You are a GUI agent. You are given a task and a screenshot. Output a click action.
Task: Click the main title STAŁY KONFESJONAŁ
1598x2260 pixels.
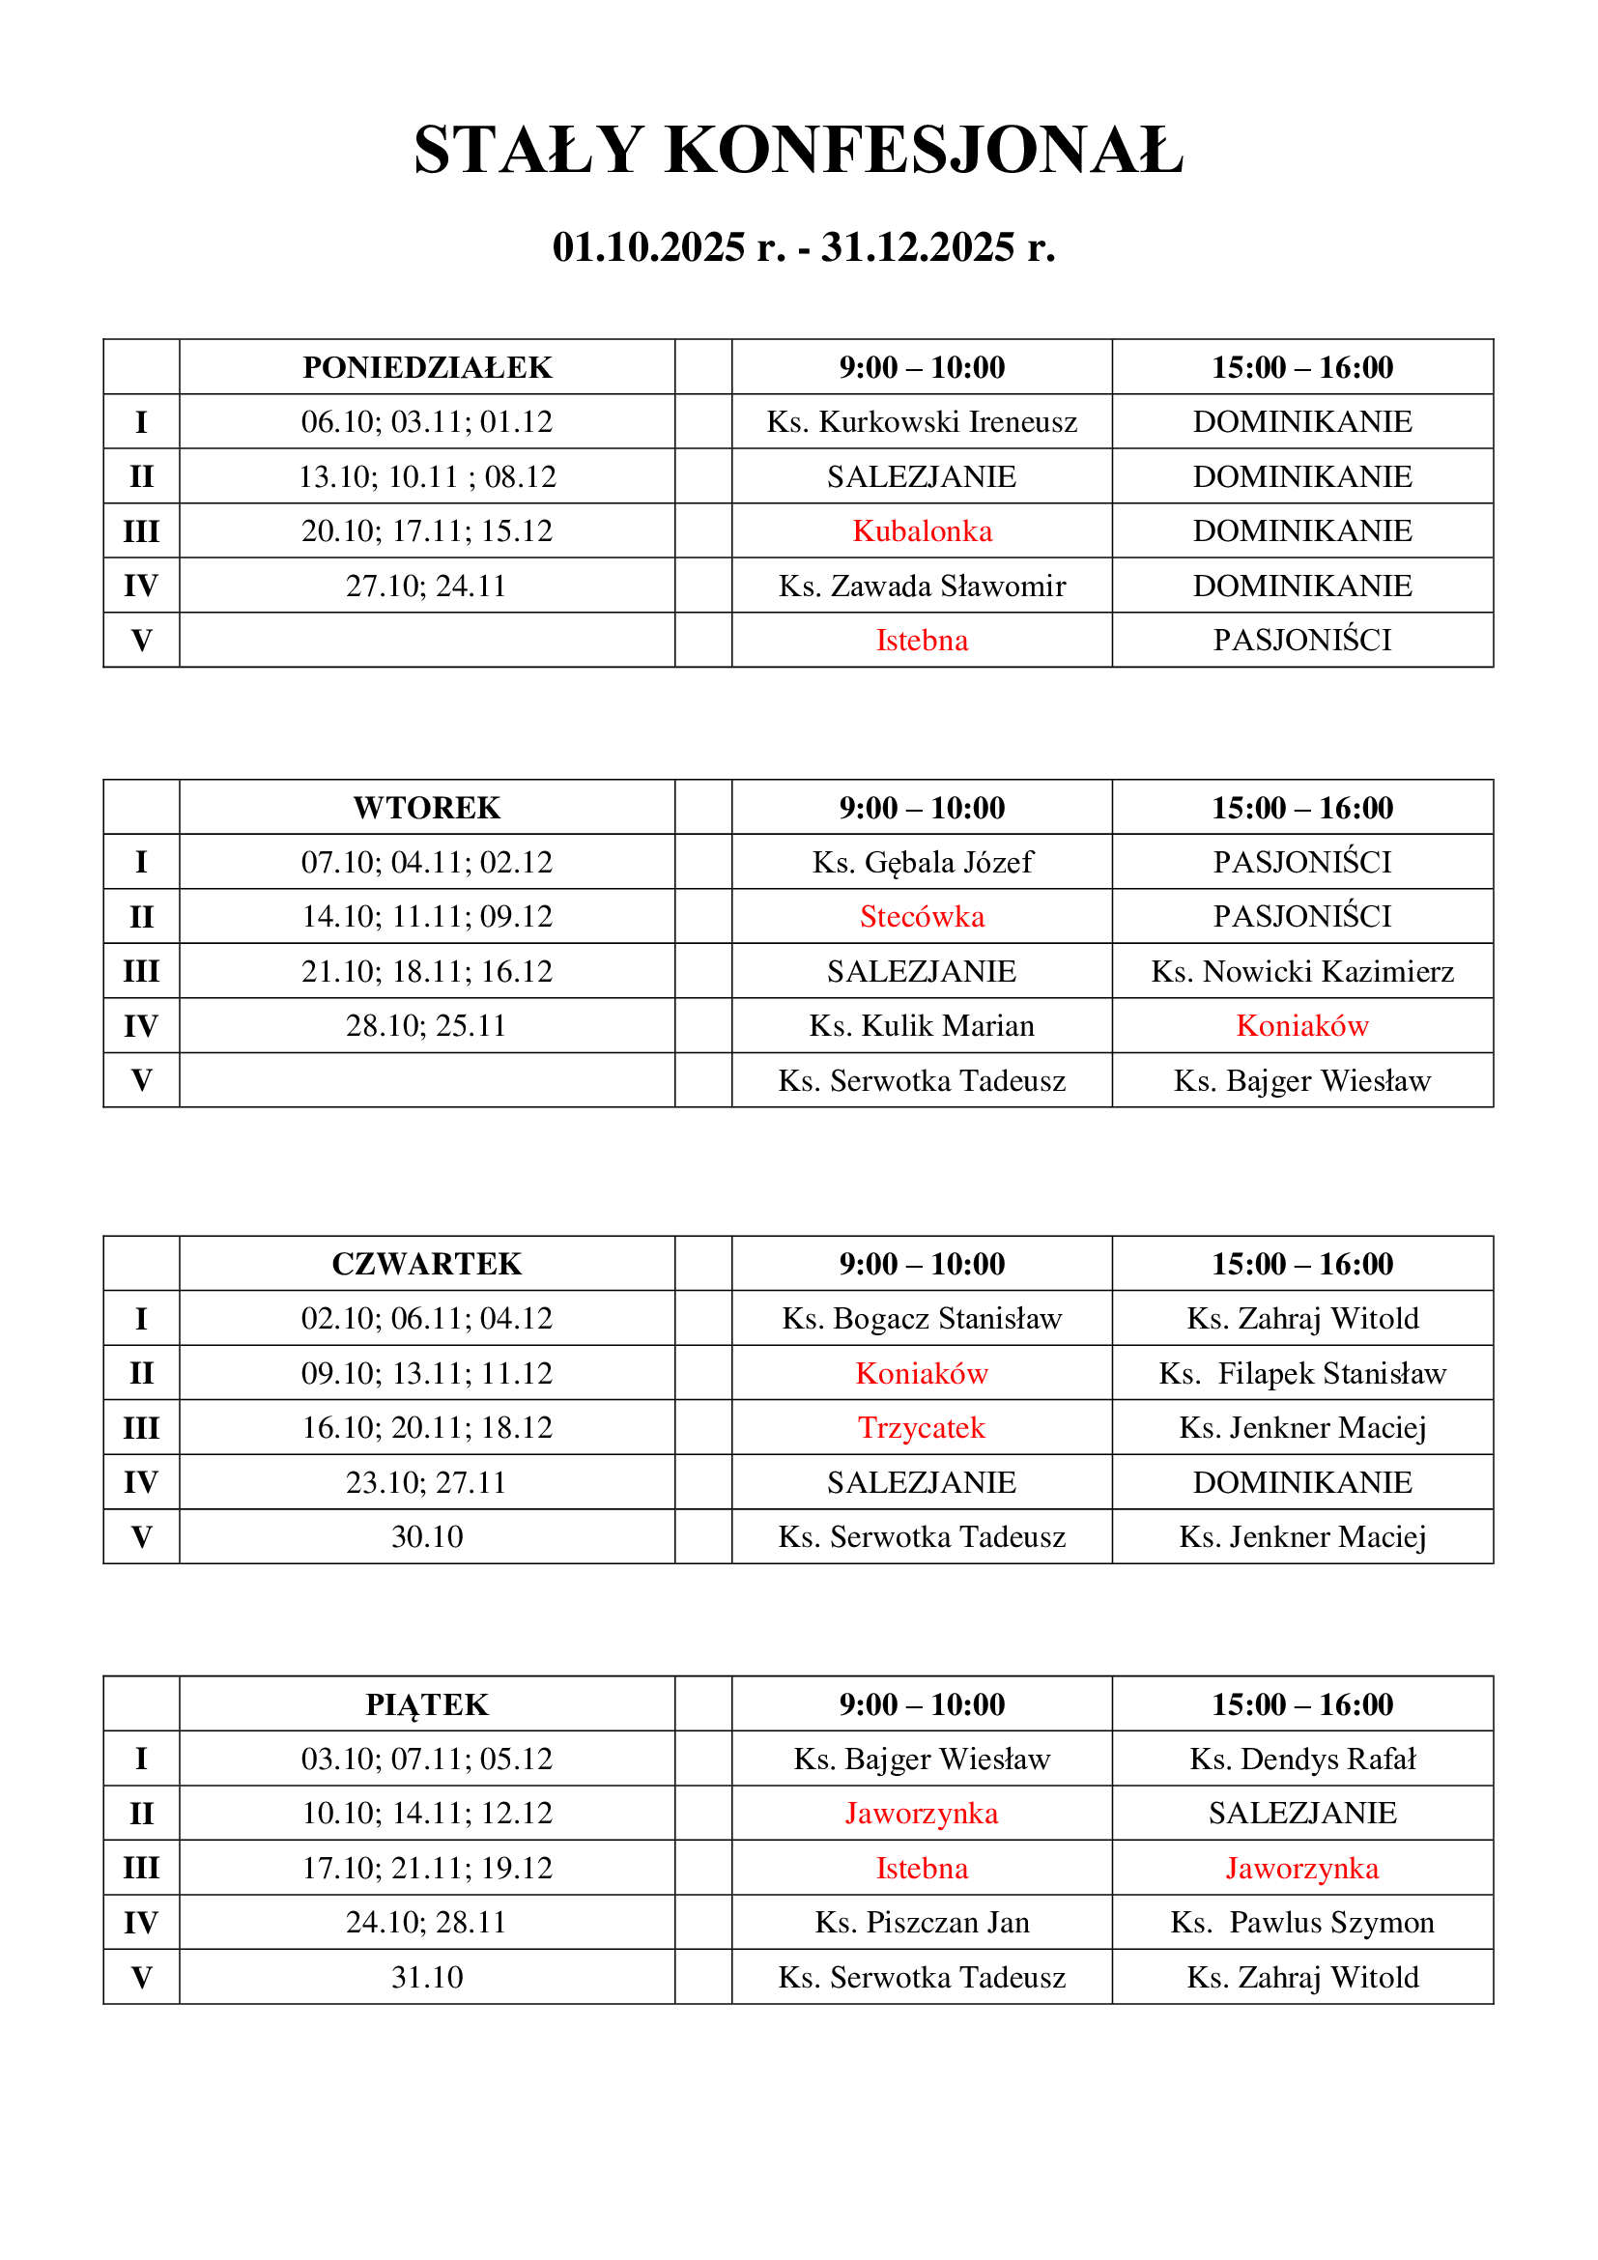pos(798,151)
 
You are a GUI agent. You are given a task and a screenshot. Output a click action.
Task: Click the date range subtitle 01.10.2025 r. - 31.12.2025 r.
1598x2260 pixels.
pos(803,247)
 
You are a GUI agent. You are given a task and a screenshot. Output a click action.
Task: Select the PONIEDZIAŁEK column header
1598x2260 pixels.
pos(427,367)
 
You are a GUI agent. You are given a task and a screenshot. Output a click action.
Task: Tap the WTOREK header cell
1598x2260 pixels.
pos(427,807)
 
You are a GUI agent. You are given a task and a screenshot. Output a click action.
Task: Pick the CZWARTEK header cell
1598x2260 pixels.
pos(427,1264)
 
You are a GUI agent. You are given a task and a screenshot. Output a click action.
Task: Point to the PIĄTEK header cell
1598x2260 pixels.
pos(427,1703)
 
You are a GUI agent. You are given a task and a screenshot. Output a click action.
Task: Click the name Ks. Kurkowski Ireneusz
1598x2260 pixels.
pos(921,421)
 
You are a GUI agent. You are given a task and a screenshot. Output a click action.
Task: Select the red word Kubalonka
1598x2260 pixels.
pos(921,530)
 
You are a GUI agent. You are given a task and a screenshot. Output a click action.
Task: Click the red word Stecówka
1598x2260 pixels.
pos(921,916)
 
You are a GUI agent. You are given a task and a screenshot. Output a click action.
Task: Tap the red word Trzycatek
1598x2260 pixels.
pos(921,1427)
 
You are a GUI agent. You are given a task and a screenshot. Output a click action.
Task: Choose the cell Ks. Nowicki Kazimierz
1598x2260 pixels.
pos(1301,971)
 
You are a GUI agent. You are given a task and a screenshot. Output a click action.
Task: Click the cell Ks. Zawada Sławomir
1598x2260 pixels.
pos(921,586)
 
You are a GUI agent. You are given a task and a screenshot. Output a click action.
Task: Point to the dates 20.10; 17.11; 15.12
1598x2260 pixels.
pos(427,530)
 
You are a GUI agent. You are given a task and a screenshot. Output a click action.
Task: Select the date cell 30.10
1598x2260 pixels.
pos(427,1536)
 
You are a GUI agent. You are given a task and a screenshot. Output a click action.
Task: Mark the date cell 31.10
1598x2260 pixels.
pos(427,1977)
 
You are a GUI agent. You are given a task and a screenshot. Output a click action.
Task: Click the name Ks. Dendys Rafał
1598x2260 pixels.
pos(1301,1759)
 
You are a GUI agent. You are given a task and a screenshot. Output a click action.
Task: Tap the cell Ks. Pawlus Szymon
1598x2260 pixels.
pos(1301,1923)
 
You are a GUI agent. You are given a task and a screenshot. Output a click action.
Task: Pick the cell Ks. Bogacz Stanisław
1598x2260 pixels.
pos(921,1318)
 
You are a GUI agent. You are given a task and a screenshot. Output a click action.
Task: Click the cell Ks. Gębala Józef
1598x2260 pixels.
pos(921,862)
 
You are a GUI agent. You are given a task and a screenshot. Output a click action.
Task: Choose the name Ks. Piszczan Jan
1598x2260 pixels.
pos(921,1923)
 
